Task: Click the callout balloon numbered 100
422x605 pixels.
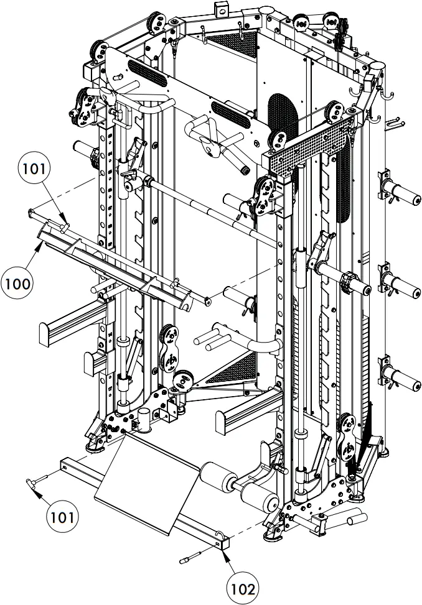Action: pos(17,284)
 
